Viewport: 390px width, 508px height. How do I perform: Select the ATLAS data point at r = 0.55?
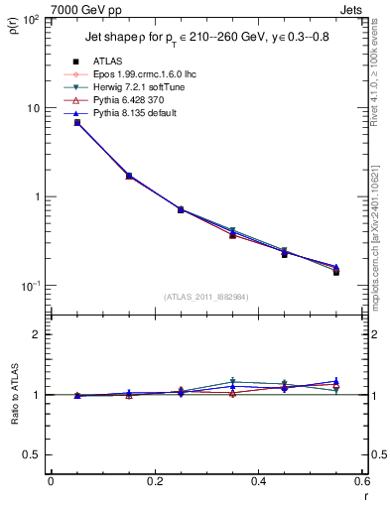pyautogui.click(x=336, y=271)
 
